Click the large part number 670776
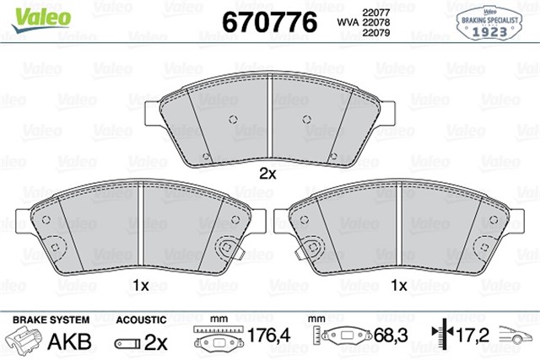(268, 23)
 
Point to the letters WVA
(348, 23)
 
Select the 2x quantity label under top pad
(267, 175)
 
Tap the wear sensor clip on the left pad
(226, 250)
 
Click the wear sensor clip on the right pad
(313, 250)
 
